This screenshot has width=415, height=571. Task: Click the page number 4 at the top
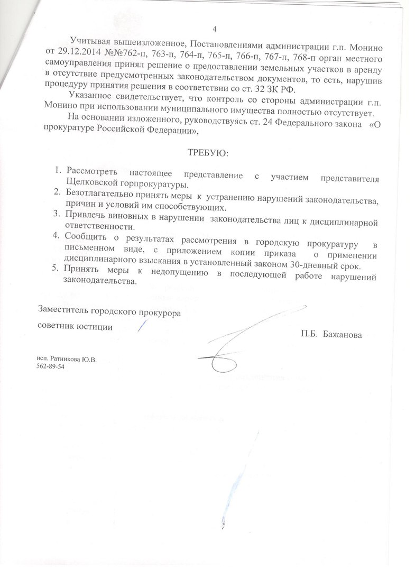coord(215,29)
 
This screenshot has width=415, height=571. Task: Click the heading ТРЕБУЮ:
coord(206,153)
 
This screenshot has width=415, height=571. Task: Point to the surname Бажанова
coord(344,334)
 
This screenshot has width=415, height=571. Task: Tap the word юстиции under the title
coord(95,327)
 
